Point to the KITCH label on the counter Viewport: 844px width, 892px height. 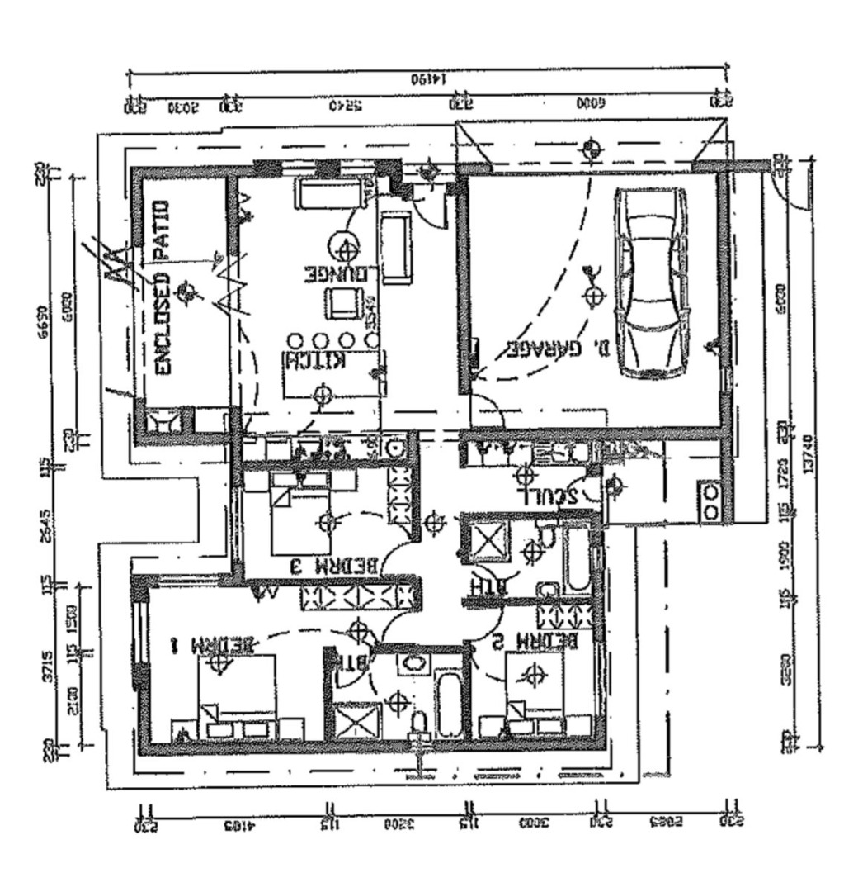tap(313, 361)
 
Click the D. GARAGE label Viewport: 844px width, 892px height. tap(554, 349)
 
